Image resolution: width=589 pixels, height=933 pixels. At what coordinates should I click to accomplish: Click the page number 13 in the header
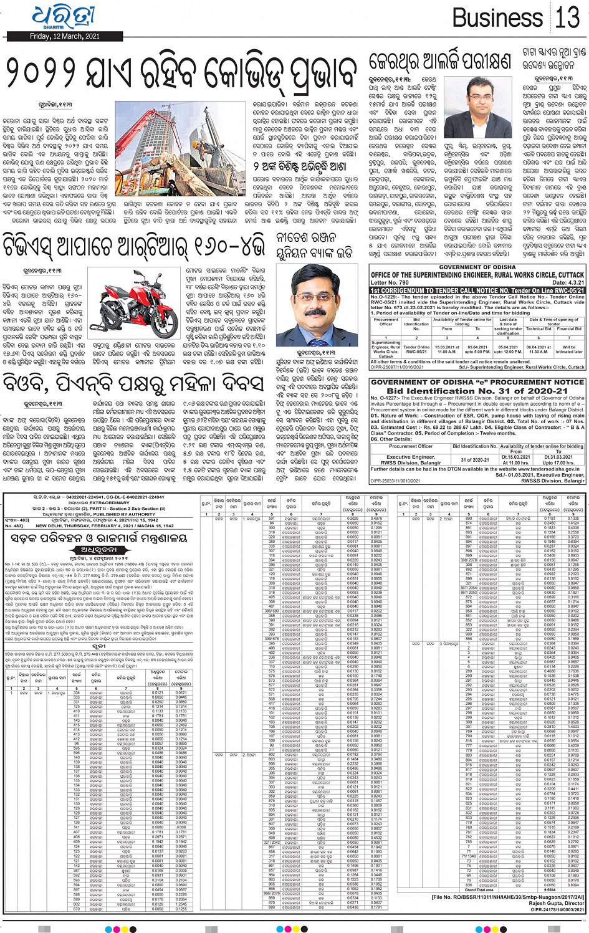pos(567,17)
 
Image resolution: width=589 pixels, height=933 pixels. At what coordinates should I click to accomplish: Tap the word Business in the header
pos(497,18)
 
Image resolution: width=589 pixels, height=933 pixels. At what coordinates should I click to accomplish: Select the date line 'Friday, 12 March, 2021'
pos(65,37)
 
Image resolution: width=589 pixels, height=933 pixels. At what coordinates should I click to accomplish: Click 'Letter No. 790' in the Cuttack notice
pos(390,283)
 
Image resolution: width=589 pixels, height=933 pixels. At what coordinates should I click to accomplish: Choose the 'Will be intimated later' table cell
pos(569,349)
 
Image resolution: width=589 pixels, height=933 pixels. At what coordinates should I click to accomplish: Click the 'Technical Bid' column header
pos(539,329)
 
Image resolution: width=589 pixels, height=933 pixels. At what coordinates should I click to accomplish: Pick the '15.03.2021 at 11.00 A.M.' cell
pos(446,349)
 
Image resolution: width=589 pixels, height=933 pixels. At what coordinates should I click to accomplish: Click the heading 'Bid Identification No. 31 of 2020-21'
pos(477,391)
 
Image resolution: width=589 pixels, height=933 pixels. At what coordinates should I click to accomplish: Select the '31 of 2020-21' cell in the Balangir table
pos(475,460)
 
